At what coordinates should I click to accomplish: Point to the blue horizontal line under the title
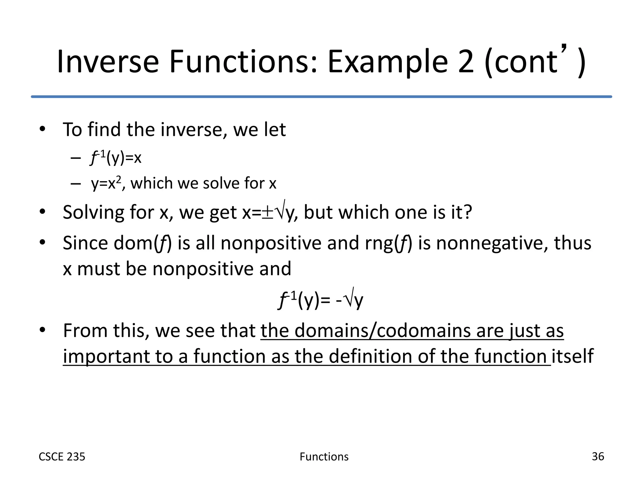click(321, 97)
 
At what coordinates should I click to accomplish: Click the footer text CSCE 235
click(62, 457)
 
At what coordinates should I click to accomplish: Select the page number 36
click(597, 456)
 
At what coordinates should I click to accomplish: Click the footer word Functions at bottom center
click(324, 457)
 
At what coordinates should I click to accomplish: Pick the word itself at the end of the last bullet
click(572, 356)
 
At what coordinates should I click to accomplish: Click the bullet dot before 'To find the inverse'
click(43, 129)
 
